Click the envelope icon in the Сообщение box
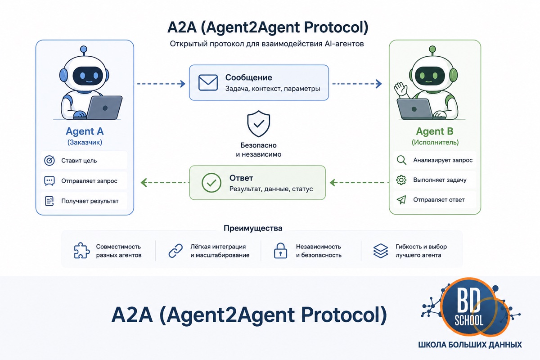click(x=208, y=83)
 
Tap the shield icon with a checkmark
click(x=259, y=124)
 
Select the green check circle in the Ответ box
click(x=211, y=183)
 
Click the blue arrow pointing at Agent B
click(x=357, y=84)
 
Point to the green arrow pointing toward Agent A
click(x=165, y=183)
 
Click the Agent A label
click(x=85, y=131)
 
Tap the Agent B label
click(x=435, y=131)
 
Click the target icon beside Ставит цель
click(x=49, y=161)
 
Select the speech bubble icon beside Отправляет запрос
click(x=49, y=181)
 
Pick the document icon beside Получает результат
click(x=49, y=201)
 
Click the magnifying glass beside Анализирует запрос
click(x=401, y=160)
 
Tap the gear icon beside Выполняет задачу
click(x=401, y=180)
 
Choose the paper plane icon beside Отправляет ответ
click(x=401, y=200)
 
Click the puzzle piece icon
click(x=82, y=251)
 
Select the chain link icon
click(x=175, y=251)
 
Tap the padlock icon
click(x=280, y=251)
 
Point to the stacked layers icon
click(x=381, y=251)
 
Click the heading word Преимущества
click(x=253, y=228)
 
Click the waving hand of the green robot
click(x=400, y=90)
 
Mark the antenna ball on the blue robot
click(x=83, y=49)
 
